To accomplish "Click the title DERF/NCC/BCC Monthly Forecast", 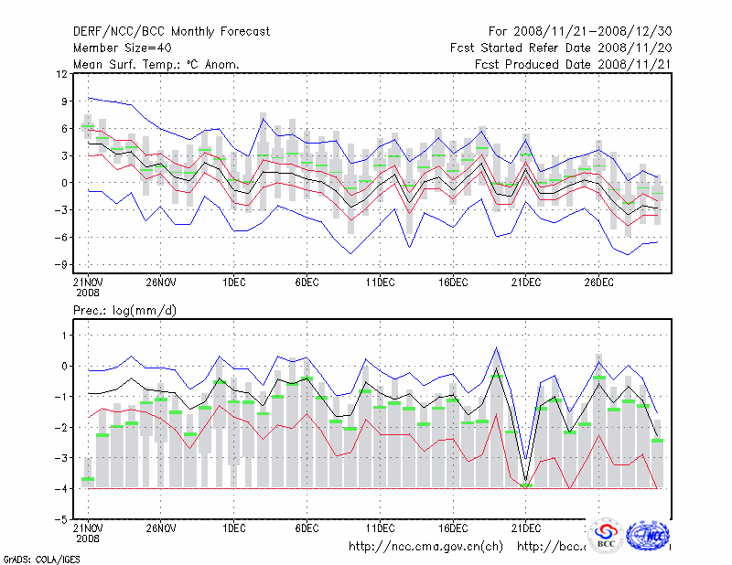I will point(171,32).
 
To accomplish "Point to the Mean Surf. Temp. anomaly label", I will point(156,64).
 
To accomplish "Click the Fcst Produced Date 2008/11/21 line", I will point(572,64).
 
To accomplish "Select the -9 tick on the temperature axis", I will point(62,265).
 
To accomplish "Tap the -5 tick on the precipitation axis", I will point(62,519).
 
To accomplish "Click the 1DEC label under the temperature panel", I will point(233,282).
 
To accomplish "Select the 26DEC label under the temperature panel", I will point(597,282).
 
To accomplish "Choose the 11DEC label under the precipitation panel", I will point(380,528).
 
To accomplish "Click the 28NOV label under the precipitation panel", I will point(160,528).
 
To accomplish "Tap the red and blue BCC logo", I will point(606,536).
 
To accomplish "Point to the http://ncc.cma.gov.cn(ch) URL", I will point(425,547).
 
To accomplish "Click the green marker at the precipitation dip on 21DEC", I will point(525,485).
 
